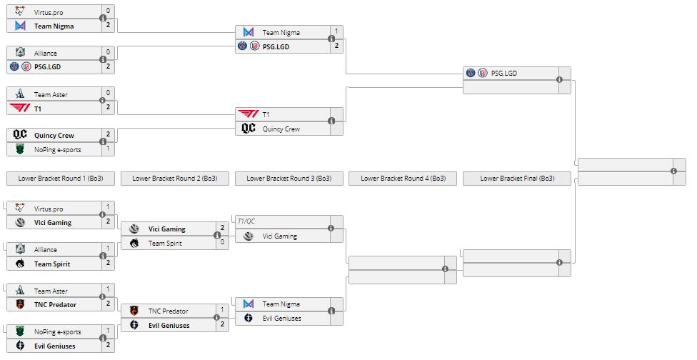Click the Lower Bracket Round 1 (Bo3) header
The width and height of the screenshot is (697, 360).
coord(60,179)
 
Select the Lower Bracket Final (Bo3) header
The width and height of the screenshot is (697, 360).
coord(517,179)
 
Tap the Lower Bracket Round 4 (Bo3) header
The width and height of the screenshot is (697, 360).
coord(403,179)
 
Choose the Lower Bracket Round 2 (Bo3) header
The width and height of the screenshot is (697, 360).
coord(175,179)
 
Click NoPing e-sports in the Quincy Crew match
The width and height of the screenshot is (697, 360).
coord(57,149)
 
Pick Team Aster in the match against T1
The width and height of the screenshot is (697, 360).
coord(51,94)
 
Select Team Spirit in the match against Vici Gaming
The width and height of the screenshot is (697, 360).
coord(165,244)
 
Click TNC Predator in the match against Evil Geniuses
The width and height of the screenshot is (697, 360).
coord(168,311)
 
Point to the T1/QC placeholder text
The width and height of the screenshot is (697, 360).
coord(247,221)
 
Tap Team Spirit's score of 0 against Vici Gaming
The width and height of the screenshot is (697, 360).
coord(222,244)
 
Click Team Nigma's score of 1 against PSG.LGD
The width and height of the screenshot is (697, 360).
coord(336,31)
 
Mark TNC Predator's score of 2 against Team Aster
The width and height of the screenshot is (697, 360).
coord(108,305)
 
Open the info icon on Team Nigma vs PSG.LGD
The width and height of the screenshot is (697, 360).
coord(331,39)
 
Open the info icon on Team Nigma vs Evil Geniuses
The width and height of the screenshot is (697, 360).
coord(331,311)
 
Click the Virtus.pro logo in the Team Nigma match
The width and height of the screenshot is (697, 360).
coord(20,11)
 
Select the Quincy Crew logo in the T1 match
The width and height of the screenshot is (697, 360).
coord(248,129)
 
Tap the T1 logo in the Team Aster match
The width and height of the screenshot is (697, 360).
coord(20,108)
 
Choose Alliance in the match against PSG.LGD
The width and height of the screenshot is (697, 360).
coord(46,53)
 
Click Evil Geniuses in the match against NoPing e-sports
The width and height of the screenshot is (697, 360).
coord(54,346)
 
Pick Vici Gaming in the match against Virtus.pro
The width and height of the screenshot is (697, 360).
coord(53,223)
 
